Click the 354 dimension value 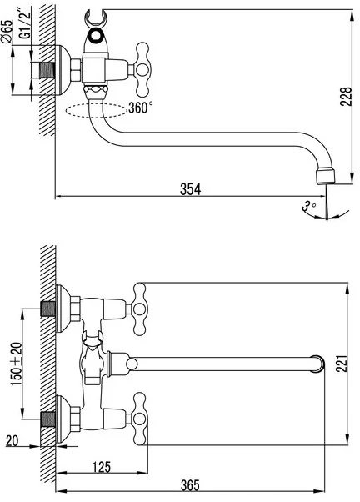tap(190, 189)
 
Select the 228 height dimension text tap(346, 97)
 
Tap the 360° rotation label tap(141, 108)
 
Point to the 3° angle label tap(308, 206)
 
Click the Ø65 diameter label tap(7, 32)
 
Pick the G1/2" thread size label tap(25, 24)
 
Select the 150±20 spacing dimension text tap(17, 364)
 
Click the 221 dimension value tap(342, 364)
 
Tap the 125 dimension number tap(102, 467)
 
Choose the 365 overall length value tap(190, 485)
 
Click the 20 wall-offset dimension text tap(12, 441)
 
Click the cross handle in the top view tap(142, 69)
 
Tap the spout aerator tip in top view tap(326, 177)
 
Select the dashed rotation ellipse tap(97, 110)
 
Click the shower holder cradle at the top tap(96, 18)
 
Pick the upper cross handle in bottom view tap(139, 309)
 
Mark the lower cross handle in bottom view tap(140, 419)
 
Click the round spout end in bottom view tap(317, 364)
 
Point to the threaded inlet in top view tap(47, 70)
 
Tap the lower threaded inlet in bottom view tap(48, 419)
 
